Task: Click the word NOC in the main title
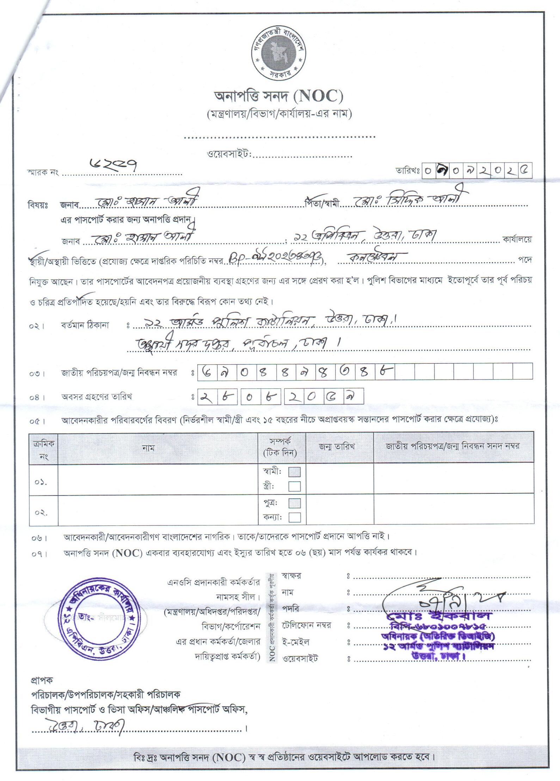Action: [320, 96]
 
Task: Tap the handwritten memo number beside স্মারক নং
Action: [113, 164]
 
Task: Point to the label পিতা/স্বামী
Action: [322, 204]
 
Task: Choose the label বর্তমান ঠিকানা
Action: [85, 325]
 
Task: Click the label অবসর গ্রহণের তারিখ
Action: [97, 397]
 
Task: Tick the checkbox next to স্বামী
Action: [294, 472]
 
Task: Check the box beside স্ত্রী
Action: [294, 486]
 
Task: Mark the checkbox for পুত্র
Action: [294, 503]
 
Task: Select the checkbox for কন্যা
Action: [294, 517]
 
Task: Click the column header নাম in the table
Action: [148, 448]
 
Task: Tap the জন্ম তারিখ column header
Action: [337, 447]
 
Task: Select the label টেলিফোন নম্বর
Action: [306, 625]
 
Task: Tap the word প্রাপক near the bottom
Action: [42, 680]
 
